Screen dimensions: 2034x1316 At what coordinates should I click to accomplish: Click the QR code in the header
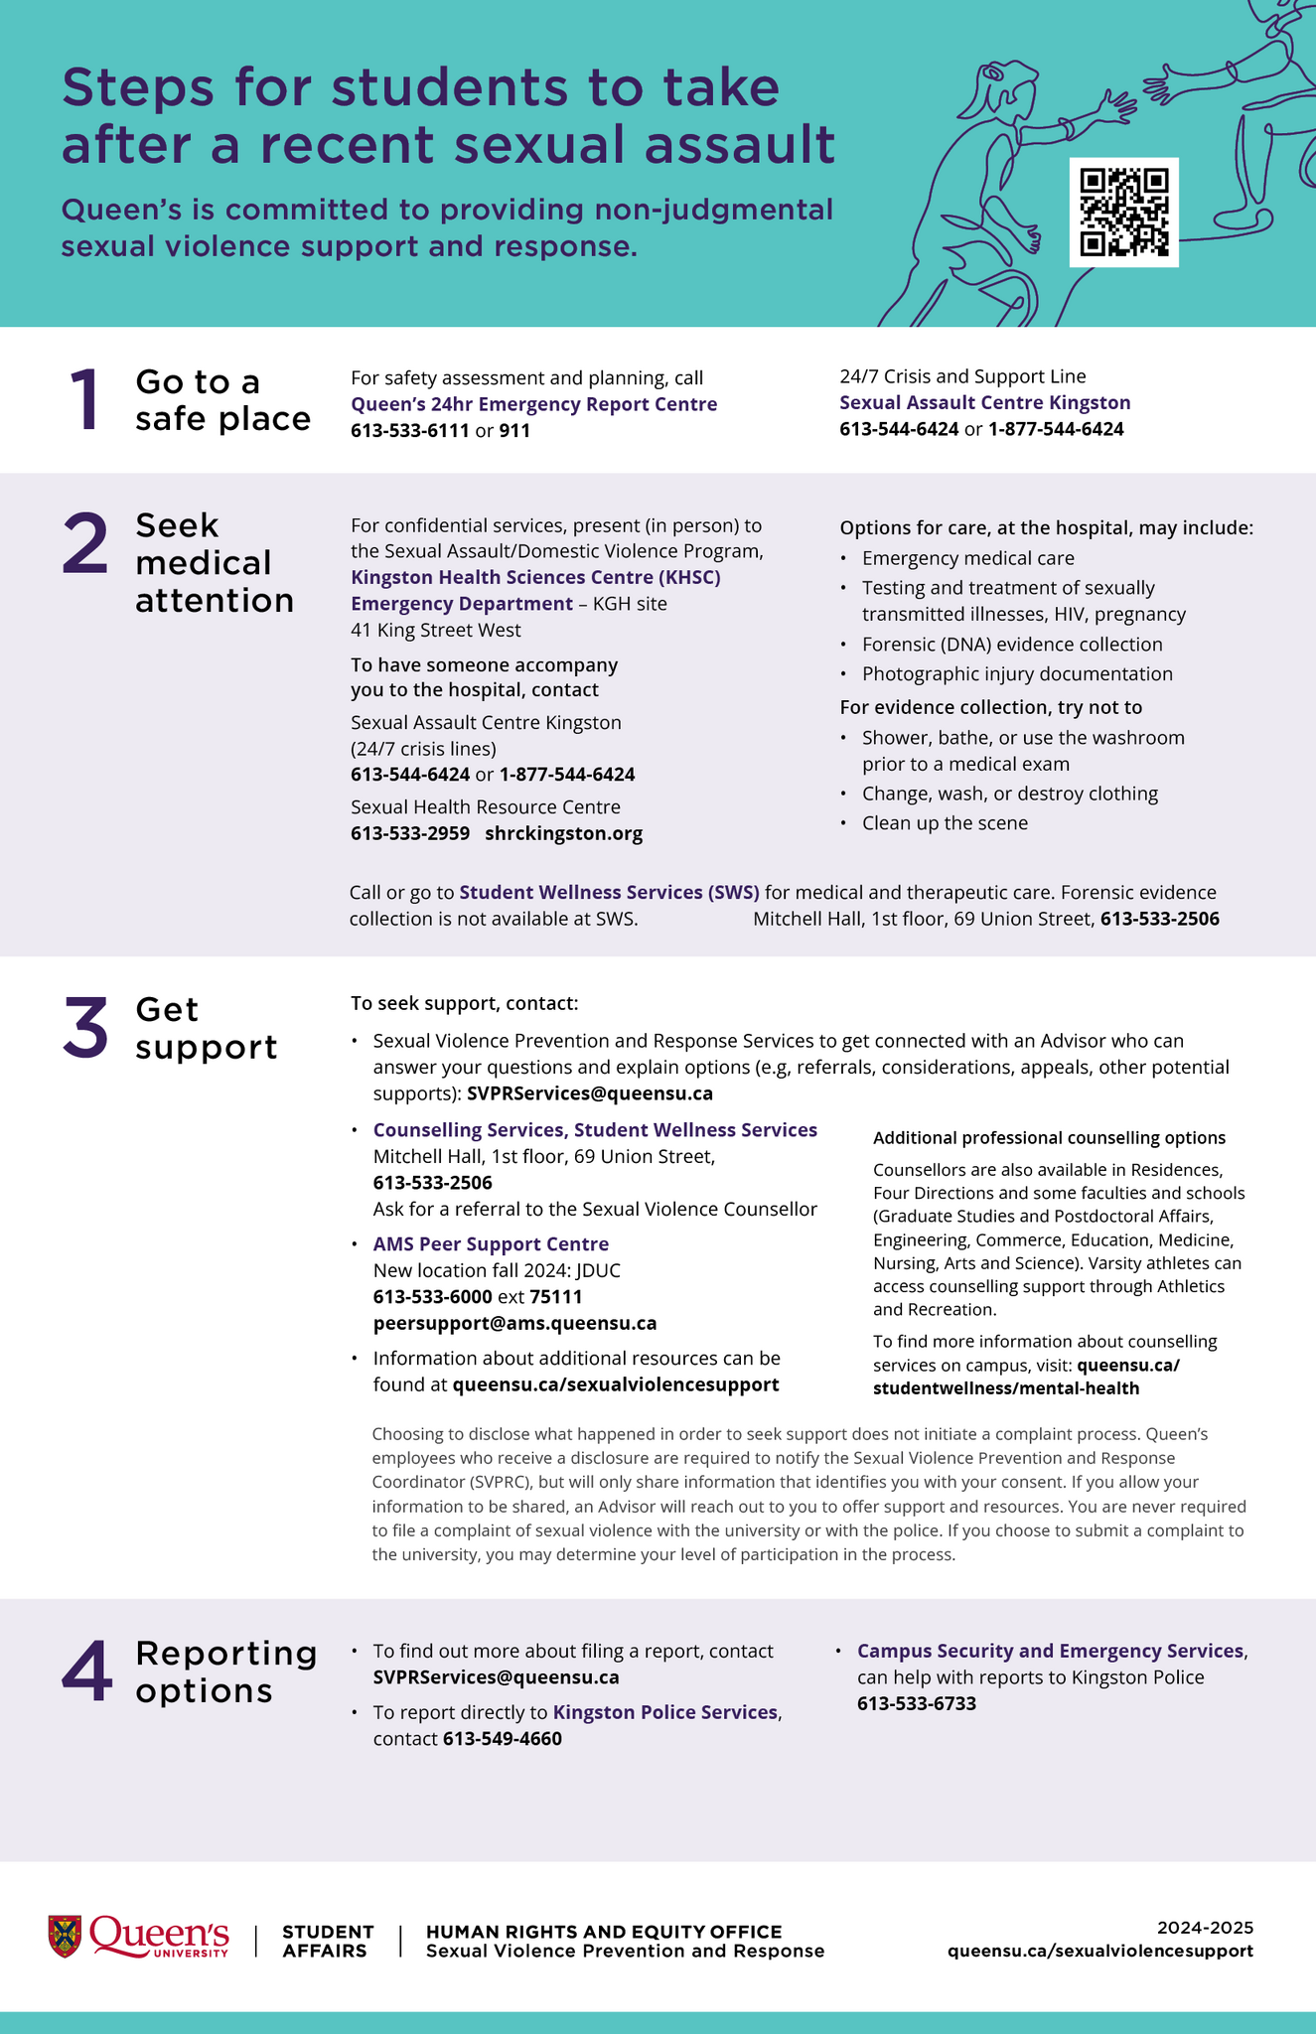pos(1123,212)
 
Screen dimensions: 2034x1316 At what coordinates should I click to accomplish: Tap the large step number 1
pos(85,400)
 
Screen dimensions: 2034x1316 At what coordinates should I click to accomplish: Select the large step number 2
pos(84,545)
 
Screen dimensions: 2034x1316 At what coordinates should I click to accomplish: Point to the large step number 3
pos(84,1029)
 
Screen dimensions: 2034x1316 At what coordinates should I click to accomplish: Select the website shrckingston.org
pos(563,833)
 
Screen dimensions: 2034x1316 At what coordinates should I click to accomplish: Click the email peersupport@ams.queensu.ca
pos(514,1323)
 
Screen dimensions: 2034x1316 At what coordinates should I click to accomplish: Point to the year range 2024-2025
pos(1205,1927)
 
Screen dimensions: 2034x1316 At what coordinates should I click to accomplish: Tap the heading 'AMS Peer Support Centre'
pos(491,1244)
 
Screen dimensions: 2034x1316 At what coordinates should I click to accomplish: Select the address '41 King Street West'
pos(435,630)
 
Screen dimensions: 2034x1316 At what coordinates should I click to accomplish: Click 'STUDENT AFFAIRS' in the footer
pos(327,1941)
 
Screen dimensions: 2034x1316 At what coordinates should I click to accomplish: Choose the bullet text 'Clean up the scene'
pos(945,822)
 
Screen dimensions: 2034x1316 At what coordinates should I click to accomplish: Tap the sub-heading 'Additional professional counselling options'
pos(1049,1138)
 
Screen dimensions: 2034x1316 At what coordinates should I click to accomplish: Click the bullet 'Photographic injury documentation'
pos(1016,673)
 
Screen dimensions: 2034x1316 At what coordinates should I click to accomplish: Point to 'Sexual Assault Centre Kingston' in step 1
pos(984,402)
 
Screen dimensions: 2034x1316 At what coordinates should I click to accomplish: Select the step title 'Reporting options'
pos(225,1671)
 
